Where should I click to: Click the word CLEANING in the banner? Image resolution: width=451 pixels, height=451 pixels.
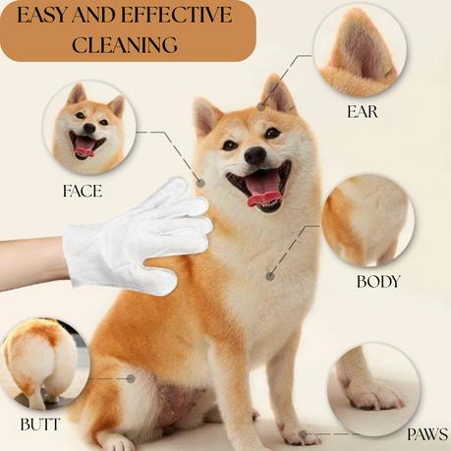tap(125, 44)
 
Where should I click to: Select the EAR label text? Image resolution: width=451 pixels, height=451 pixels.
tap(363, 112)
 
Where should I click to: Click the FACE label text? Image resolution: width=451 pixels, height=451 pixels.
tap(83, 191)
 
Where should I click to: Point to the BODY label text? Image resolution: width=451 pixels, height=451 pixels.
tap(378, 282)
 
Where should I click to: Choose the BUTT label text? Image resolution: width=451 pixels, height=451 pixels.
tap(40, 424)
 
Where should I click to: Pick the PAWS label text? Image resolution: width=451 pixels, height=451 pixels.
tap(427, 434)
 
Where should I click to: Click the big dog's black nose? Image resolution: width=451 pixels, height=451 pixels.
tap(255, 155)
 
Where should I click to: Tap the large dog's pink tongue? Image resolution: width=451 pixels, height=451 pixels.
tap(263, 192)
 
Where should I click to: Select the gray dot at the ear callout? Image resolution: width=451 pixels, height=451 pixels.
tap(260, 106)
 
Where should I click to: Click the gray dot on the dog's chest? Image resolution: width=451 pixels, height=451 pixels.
tap(270, 276)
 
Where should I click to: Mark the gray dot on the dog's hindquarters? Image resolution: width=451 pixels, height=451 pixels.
tap(131, 379)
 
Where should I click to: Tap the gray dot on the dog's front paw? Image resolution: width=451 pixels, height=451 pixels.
tap(303, 435)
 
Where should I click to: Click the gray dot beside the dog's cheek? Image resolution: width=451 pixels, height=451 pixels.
tap(200, 183)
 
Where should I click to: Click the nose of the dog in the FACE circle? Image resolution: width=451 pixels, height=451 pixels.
tap(89, 128)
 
